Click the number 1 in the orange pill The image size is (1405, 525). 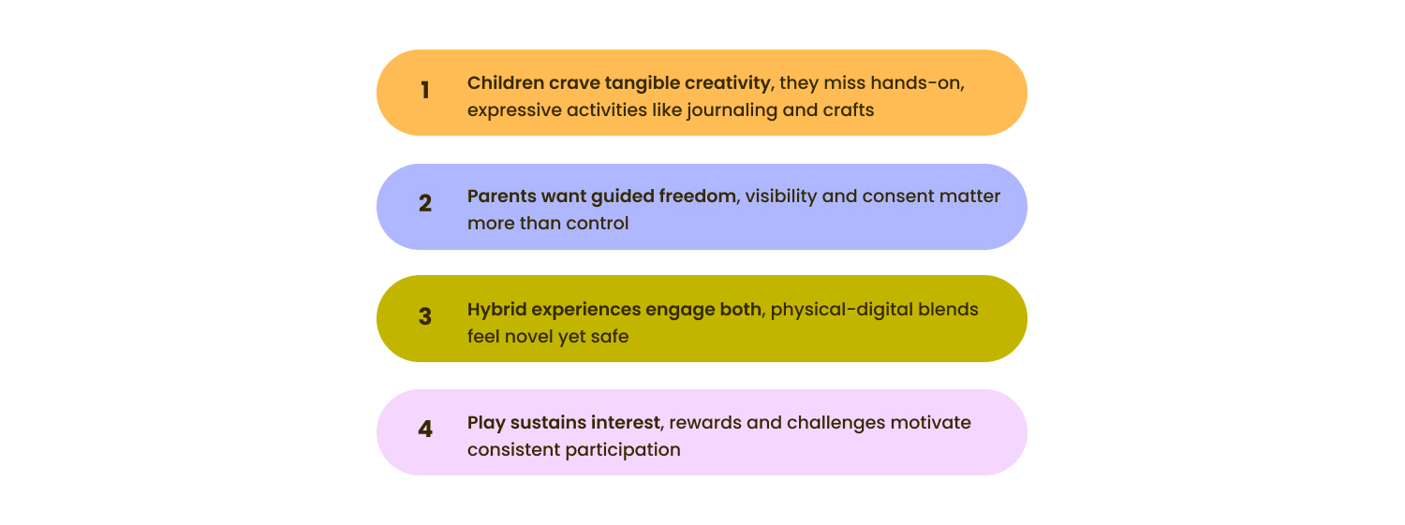(x=425, y=90)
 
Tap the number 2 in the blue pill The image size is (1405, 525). (x=425, y=203)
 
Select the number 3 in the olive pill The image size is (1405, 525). (x=425, y=316)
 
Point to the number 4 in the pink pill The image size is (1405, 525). (x=425, y=430)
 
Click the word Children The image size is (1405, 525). (x=506, y=82)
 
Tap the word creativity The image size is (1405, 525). (x=727, y=83)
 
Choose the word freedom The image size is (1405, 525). (x=697, y=197)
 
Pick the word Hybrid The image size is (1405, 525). (x=496, y=310)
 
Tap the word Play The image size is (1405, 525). (x=486, y=423)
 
